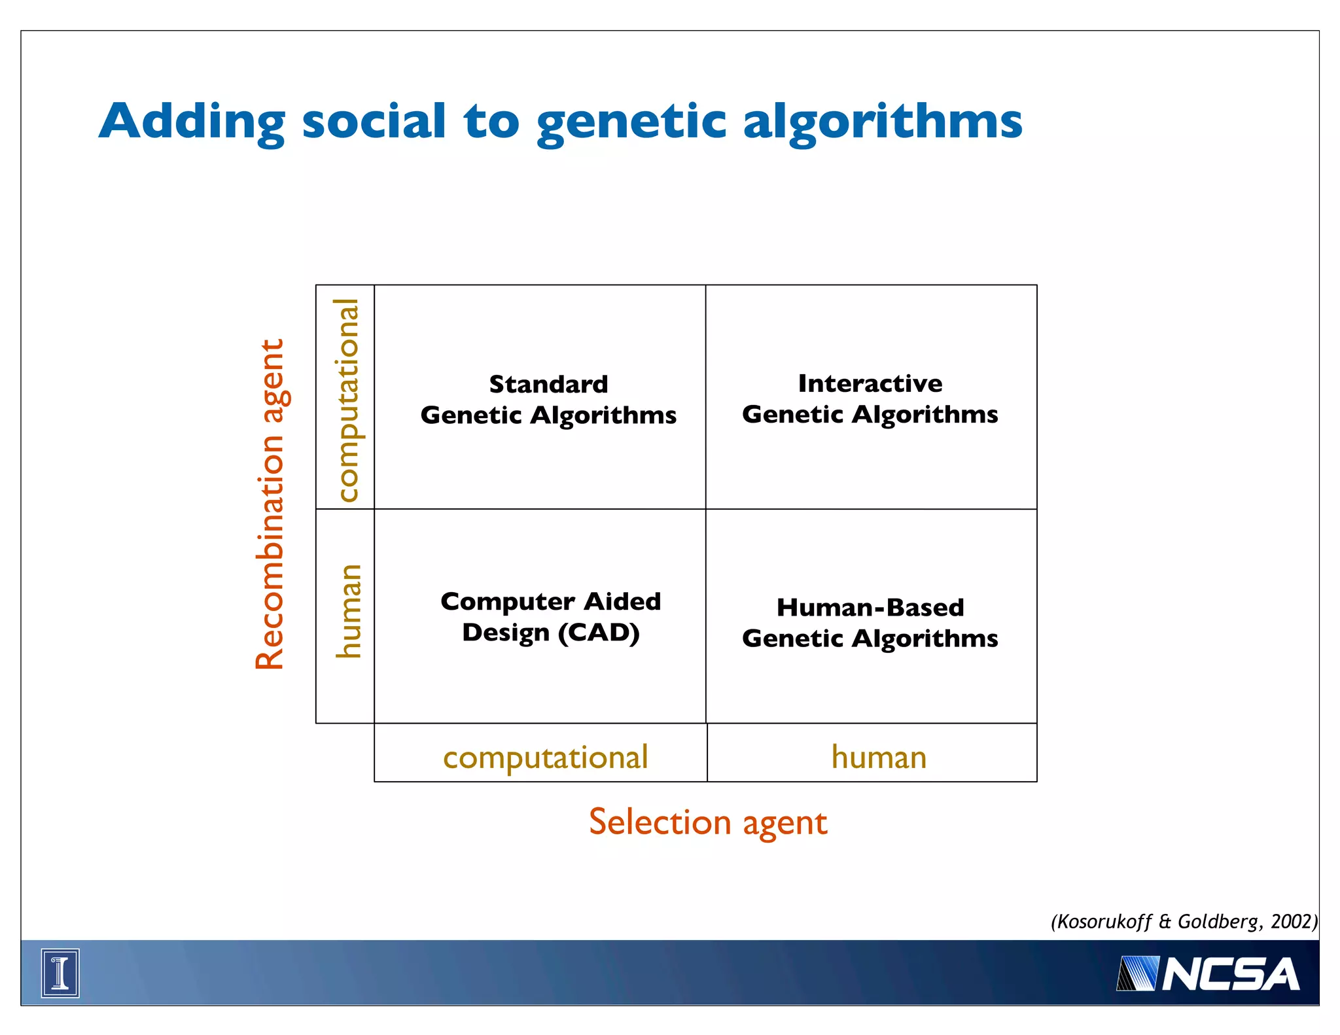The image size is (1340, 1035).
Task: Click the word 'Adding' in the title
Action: click(x=192, y=122)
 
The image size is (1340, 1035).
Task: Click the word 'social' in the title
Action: click(x=374, y=122)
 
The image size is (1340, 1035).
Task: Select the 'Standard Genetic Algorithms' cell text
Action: click(x=548, y=400)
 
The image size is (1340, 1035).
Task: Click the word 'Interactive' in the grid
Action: click(x=870, y=383)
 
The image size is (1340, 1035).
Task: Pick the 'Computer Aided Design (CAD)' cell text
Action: click(x=550, y=617)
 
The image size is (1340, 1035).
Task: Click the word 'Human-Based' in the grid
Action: click(x=870, y=608)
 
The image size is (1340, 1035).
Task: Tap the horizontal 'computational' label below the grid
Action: click(x=545, y=757)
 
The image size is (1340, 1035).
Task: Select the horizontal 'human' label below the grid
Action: click(x=878, y=757)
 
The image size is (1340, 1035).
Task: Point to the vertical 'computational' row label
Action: click(x=347, y=400)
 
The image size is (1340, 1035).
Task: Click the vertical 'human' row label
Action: click(x=347, y=611)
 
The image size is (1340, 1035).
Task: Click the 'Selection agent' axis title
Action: click(x=707, y=822)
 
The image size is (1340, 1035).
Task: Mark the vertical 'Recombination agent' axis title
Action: click(x=270, y=504)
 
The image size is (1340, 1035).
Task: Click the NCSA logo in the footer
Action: click(x=1207, y=974)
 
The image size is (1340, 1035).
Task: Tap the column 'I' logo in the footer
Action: click(x=60, y=973)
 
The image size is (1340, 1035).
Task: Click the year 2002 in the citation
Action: click(x=1291, y=921)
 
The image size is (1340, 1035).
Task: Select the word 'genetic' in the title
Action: click(x=631, y=123)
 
